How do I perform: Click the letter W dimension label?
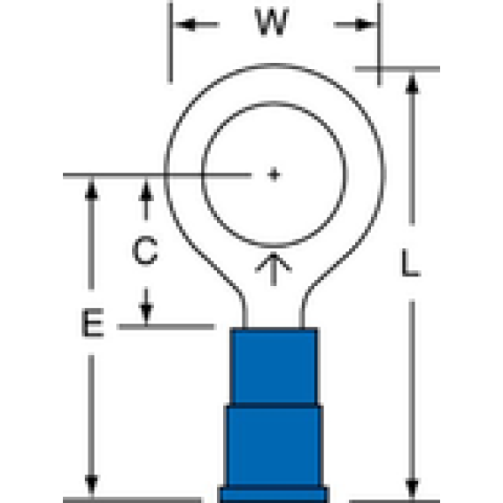pos(272,22)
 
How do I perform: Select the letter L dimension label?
pos(411,263)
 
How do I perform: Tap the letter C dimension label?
pos(145,251)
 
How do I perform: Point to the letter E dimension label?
pos(93,322)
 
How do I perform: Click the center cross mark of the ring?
pos(274,174)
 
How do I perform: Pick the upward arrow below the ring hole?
pos(274,269)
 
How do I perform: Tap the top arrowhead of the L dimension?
pos(412,84)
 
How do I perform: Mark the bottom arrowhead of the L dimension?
pos(412,488)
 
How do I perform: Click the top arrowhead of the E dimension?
pos(91,190)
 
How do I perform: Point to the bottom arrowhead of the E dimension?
pos(91,486)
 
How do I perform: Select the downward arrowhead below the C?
pos(146,313)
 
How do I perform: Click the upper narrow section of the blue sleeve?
pos(275,367)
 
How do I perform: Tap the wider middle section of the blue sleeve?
pos(274,446)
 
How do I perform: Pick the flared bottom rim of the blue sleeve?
pos(274,495)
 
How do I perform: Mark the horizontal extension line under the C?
pos(166,327)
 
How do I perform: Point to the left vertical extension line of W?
pos(170,43)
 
